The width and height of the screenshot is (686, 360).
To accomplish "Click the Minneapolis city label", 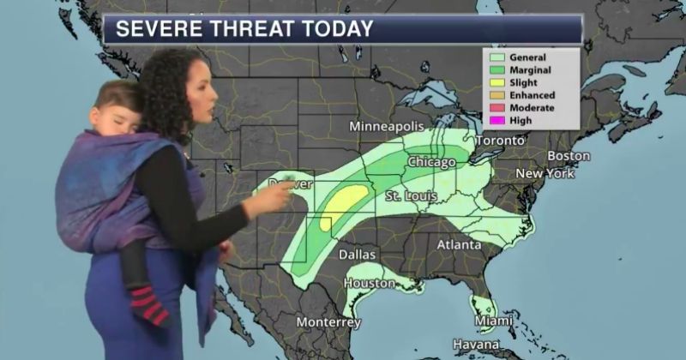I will coord(388,127).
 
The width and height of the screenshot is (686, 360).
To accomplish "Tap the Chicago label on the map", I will coord(431,162).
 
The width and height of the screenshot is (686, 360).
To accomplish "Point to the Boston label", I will coord(569,156).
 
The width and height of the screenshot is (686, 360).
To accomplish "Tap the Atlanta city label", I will coord(458,244).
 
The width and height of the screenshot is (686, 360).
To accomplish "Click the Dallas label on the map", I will coord(357,255).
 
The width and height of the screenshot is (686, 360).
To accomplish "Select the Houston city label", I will coord(370,283).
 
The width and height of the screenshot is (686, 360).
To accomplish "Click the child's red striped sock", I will coord(147,307).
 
